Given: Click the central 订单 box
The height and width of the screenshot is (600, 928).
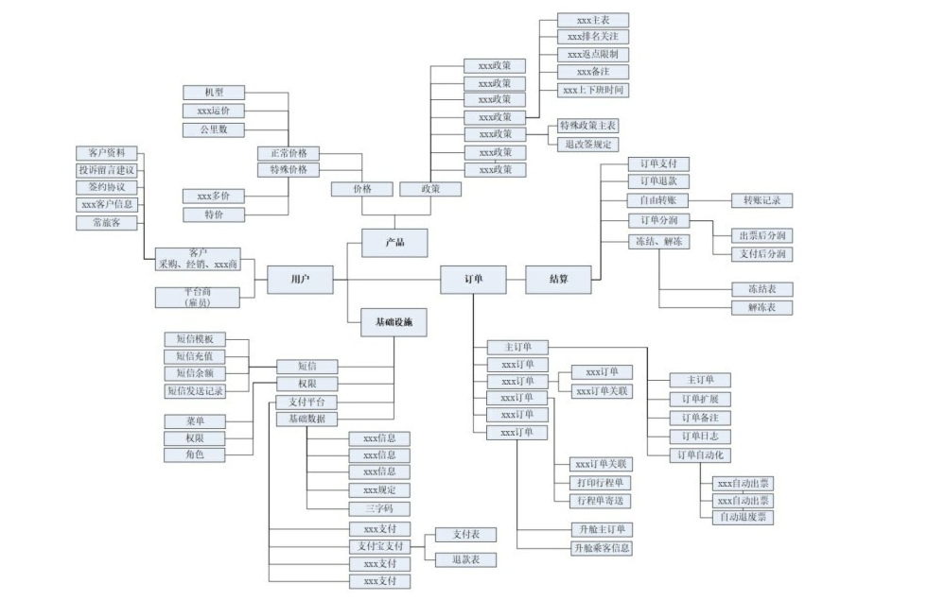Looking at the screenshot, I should (474, 280).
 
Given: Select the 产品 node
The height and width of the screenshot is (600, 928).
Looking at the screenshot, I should (394, 243).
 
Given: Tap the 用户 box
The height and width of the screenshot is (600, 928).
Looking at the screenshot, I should (300, 280).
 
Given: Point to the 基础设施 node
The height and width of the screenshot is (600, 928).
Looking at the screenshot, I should (394, 323).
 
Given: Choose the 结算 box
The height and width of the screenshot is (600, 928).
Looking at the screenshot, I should (559, 280).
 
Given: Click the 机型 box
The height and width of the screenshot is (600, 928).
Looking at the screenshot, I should (214, 93).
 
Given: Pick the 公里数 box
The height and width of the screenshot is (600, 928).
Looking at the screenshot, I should (214, 129).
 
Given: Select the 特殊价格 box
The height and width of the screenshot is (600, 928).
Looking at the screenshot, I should (289, 170).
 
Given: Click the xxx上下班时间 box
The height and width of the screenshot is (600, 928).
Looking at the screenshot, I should (593, 91).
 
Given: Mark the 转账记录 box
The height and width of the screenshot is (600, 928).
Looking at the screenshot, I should (762, 200).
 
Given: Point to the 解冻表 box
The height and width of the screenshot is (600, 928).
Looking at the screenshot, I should (762, 308).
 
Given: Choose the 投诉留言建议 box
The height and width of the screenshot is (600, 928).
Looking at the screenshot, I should (107, 170).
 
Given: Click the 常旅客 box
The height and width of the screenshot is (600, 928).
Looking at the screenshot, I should (107, 223).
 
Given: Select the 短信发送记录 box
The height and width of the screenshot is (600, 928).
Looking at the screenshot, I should (195, 390).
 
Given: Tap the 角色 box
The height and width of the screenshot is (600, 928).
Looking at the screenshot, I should (195, 454).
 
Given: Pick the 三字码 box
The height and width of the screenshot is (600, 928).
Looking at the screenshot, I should (379, 508).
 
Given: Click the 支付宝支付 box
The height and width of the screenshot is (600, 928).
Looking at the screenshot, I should (379, 546).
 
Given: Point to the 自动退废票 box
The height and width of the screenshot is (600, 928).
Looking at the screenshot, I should (743, 517).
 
